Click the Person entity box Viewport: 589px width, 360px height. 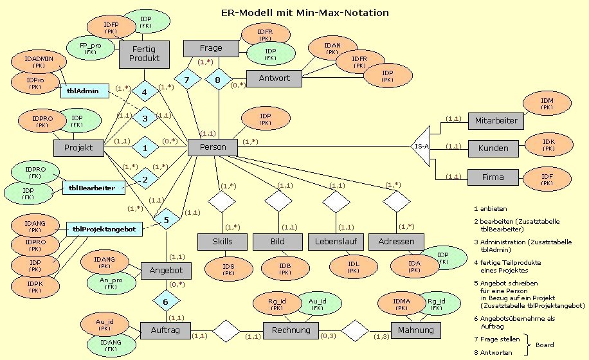click(213, 147)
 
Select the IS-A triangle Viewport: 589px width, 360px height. click(421, 147)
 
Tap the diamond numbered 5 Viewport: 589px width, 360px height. click(167, 221)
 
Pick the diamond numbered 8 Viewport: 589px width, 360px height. click(217, 80)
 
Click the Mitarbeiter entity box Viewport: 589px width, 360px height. click(495, 120)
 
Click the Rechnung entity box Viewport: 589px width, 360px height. click(290, 330)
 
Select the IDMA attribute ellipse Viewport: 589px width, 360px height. click(397, 303)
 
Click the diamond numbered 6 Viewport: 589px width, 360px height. click(167, 300)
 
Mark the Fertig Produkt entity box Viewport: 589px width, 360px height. click(144, 55)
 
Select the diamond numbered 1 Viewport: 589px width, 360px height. click(145, 147)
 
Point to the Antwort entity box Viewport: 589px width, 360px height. click(274, 78)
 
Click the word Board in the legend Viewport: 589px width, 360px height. click(545, 345)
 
